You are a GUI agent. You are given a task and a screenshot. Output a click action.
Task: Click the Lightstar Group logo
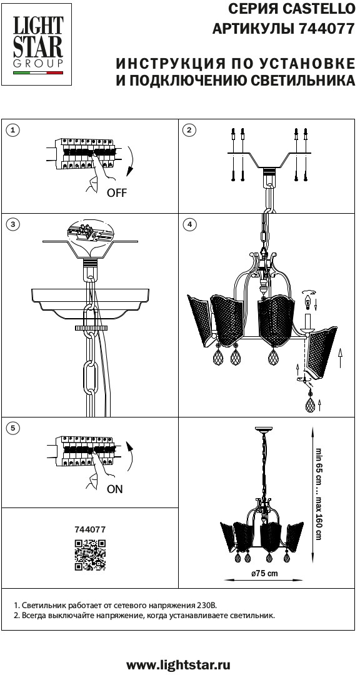(38, 44)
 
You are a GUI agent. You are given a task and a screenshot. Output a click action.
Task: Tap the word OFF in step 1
(117, 193)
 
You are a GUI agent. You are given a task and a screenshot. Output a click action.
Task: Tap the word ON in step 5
(115, 489)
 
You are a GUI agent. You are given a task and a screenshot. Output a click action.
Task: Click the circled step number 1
(14, 131)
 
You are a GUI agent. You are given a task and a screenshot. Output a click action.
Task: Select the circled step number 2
(189, 131)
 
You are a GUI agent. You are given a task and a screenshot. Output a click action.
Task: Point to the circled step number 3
(14, 224)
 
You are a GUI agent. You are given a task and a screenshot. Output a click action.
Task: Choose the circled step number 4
(189, 224)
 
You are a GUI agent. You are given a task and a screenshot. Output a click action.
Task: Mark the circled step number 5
(14, 428)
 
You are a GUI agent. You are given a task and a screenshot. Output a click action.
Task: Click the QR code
(90, 554)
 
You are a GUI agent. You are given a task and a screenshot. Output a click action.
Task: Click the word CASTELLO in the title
(315, 8)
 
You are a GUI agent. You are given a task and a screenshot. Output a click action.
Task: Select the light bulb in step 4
(307, 299)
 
